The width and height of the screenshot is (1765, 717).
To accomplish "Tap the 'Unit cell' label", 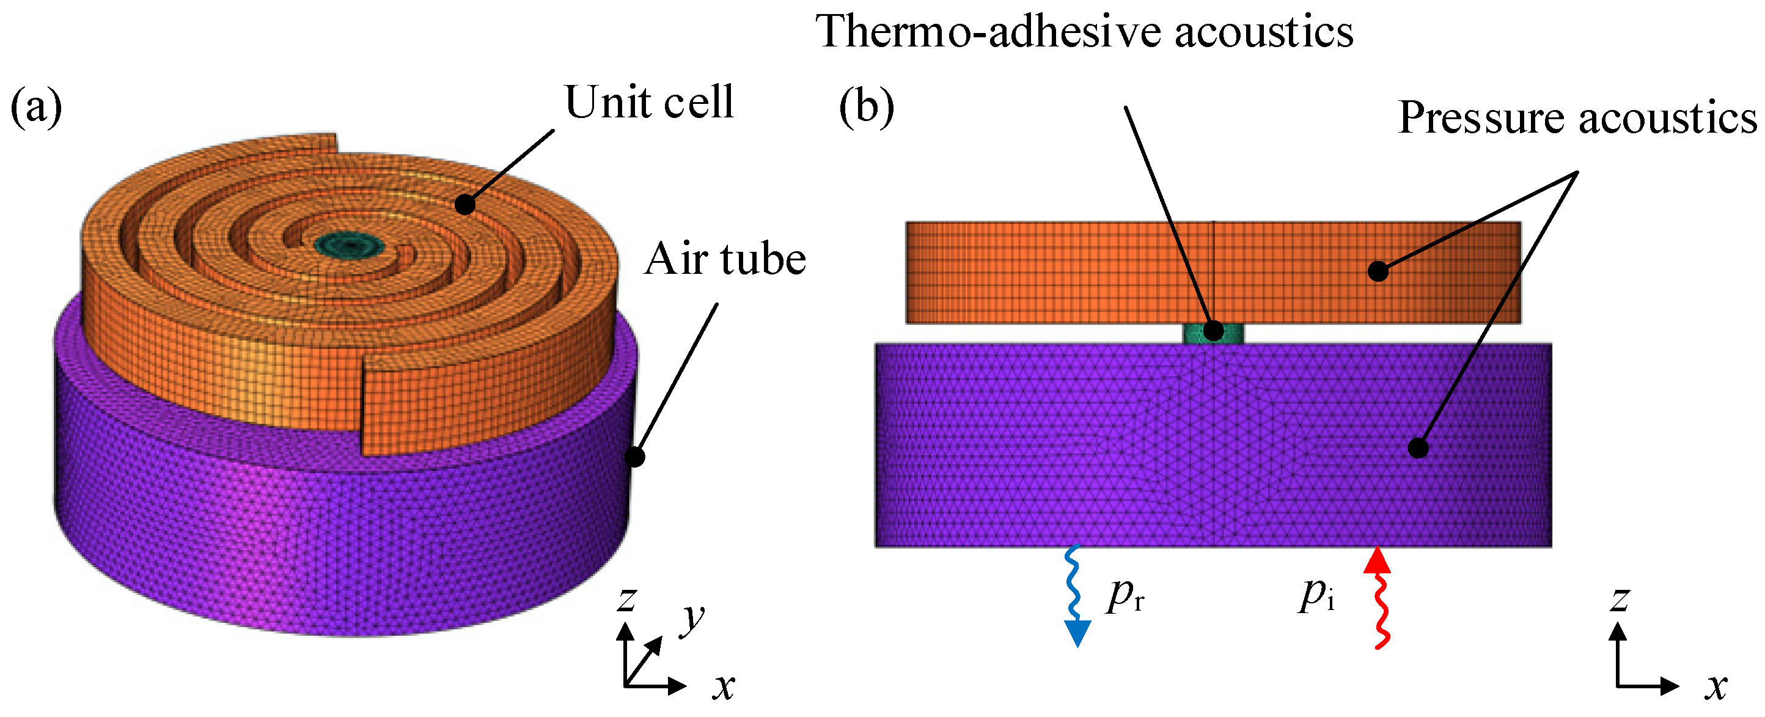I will click(648, 102).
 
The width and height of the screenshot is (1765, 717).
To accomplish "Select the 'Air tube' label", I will click(725, 259).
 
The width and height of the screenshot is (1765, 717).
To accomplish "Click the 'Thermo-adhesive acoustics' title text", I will click(1084, 32).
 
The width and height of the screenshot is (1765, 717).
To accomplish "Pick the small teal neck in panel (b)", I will click(1213, 334).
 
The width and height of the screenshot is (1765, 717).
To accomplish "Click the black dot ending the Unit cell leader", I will click(465, 204).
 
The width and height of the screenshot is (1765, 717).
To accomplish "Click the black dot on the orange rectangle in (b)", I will click(1378, 271).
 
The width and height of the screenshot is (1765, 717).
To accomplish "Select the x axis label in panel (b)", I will click(1716, 685).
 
